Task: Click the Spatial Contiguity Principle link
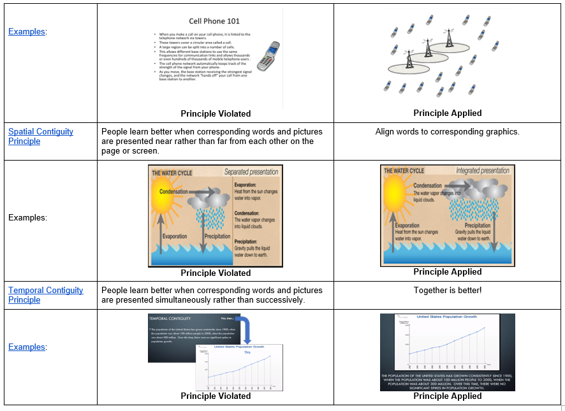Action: coord(40,136)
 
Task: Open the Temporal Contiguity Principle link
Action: coord(45,295)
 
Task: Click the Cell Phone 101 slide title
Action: coord(214,21)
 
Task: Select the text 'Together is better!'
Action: coord(447,291)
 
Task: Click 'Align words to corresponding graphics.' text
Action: coord(447,132)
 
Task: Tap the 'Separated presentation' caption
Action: coord(252,172)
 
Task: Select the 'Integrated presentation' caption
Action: coord(483,171)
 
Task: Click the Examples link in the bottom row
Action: coord(27,347)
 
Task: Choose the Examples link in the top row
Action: coord(27,31)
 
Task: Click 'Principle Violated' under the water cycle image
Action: coord(216,273)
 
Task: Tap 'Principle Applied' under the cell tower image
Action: coord(447,113)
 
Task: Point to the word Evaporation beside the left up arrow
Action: coord(174,236)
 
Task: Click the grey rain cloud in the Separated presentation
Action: coord(214,199)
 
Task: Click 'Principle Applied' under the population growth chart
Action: coord(447,396)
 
